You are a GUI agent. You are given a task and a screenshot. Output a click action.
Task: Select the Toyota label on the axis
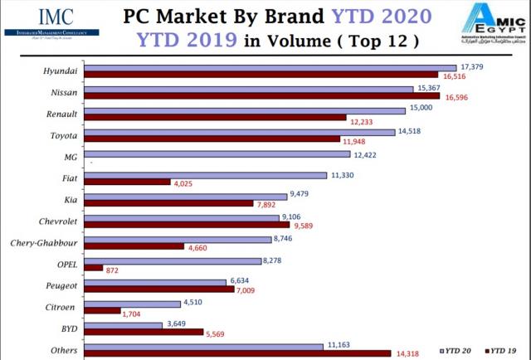tap(63, 133)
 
